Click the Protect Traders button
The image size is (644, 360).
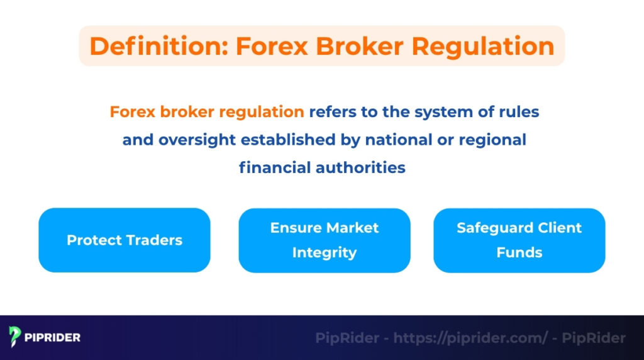pyautogui.click(x=125, y=240)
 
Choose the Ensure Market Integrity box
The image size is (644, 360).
pyautogui.click(x=324, y=240)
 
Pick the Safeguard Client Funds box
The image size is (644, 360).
pyautogui.click(x=519, y=240)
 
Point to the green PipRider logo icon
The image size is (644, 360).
pyautogui.click(x=16, y=337)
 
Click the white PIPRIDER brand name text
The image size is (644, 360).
pyautogui.click(x=53, y=338)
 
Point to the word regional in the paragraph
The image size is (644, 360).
pyautogui.click(x=494, y=140)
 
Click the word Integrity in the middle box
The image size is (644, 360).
pyautogui.click(x=324, y=252)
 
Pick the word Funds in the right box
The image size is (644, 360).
pyautogui.click(x=519, y=252)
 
